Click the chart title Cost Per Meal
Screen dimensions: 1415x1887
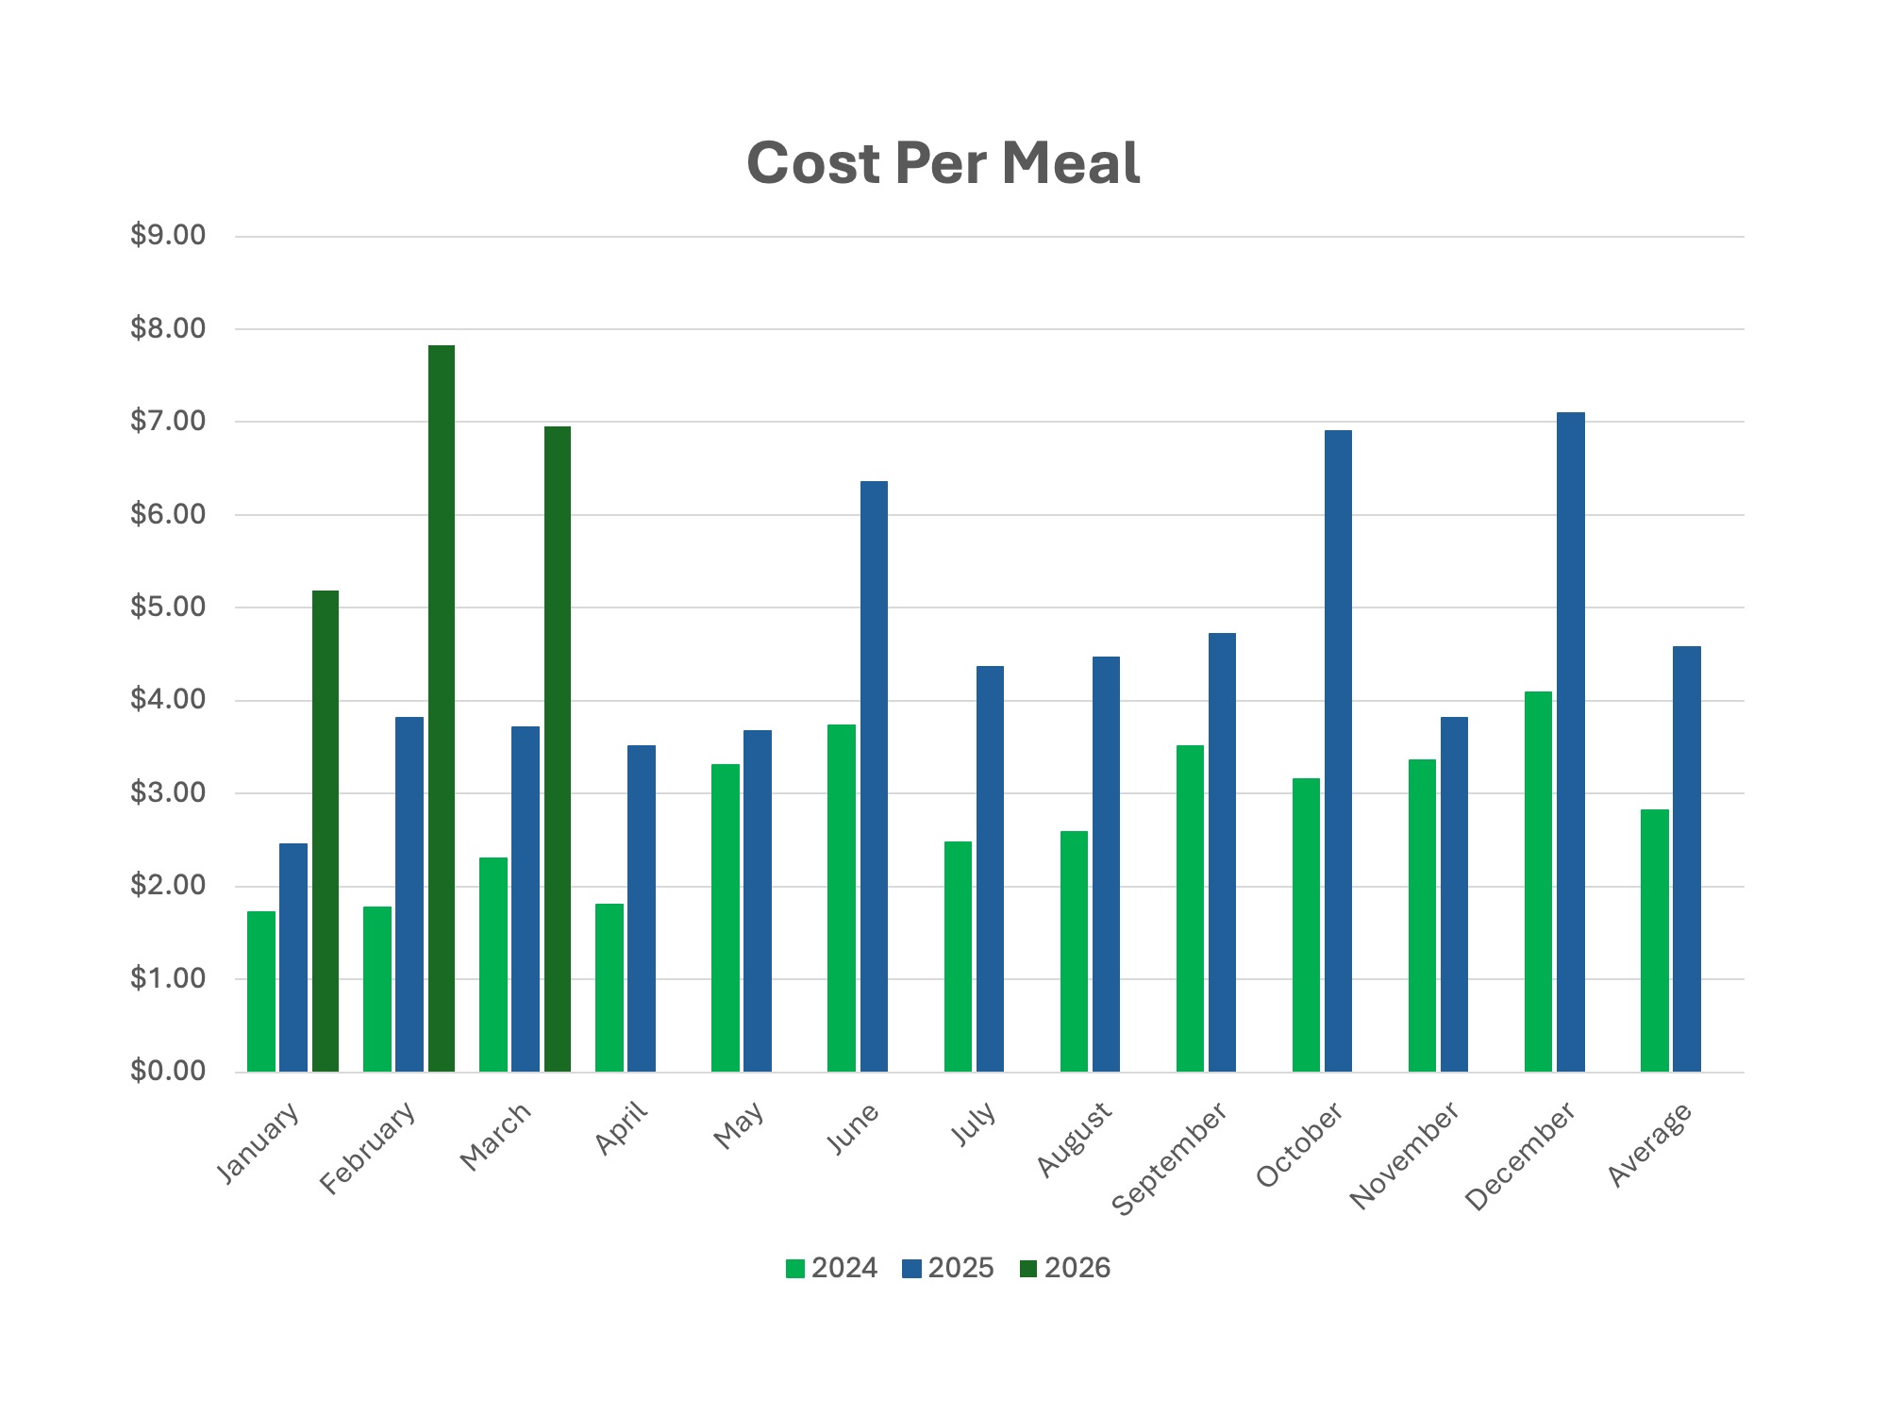(943, 163)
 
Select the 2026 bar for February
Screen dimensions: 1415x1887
(442, 707)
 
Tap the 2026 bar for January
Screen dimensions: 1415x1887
(326, 830)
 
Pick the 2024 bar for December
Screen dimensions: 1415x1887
(1538, 881)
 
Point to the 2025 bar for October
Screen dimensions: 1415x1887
(1338, 750)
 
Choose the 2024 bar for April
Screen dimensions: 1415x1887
(610, 987)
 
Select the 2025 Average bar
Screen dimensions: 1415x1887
(1686, 858)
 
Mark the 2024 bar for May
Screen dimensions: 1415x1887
(726, 917)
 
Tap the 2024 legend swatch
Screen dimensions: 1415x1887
(795, 1269)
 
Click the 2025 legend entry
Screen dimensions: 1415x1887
(948, 1269)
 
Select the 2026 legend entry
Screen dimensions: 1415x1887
(1065, 1269)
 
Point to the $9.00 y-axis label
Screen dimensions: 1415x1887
(168, 235)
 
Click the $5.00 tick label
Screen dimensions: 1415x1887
(168, 607)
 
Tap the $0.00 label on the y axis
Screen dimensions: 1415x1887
(168, 1071)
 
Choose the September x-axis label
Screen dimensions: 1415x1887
(1170, 1158)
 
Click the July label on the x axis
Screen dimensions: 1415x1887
(973, 1124)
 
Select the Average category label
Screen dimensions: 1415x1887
(1649, 1144)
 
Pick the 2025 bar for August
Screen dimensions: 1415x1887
(1106, 863)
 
